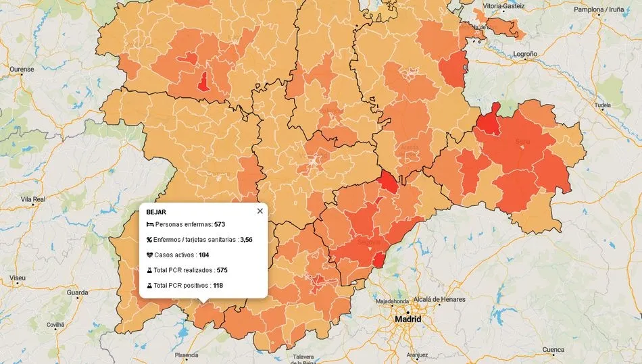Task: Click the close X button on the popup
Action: tap(260, 211)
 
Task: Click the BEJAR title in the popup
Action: tap(156, 212)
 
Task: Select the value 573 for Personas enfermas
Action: tap(219, 224)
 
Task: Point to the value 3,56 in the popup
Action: tap(246, 240)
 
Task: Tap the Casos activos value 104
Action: tap(204, 255)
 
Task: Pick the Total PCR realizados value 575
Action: tap(222, 270)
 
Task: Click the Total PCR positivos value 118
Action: tap(218, 286)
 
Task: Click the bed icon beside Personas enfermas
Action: tap(149, 224)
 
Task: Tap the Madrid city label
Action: tap(408, 319)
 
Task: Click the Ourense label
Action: tap(22, 70)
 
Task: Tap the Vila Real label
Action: tap(32, 200)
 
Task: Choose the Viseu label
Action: tap(18, 278)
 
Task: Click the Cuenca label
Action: tap(553, 350)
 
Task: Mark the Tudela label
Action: tap(601, 106)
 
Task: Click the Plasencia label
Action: tap(187, 355)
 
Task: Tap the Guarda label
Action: tap(77, 293)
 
